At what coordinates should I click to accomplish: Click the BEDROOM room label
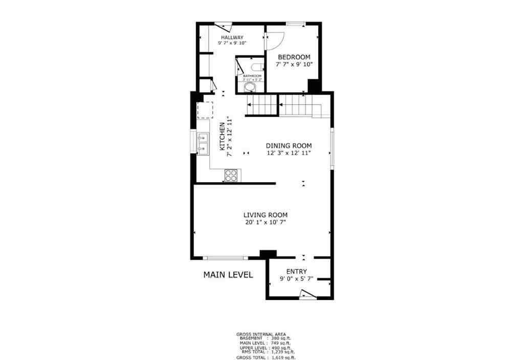[294, 57]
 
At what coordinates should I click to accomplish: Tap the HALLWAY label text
[232, 37]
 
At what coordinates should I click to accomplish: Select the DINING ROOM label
[288, 145]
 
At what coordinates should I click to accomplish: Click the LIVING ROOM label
[265, 215]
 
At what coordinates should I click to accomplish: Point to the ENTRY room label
[296, 271]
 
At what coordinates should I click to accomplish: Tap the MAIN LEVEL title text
[228, 274]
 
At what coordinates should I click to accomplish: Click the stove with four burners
[232, 175]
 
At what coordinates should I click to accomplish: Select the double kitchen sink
[203, 143]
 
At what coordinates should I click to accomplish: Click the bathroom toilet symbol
[256, 67]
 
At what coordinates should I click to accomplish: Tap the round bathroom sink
[249, 88]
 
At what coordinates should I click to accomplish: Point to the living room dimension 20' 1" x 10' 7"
[265, 222]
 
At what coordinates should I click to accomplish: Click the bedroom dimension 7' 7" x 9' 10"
[294, 65]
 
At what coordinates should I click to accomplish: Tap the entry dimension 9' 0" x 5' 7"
[296, 279]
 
